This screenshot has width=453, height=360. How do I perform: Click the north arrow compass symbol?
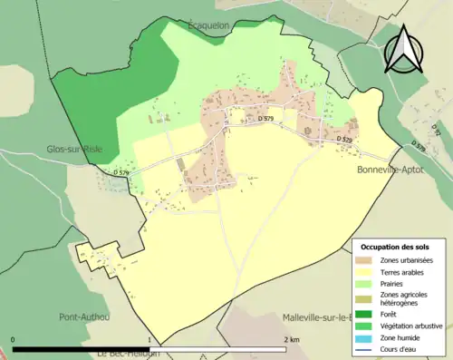coord(405,49)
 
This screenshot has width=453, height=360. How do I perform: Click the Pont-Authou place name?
coord(84,317)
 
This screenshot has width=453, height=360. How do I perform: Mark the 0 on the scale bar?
coord(13,339)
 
